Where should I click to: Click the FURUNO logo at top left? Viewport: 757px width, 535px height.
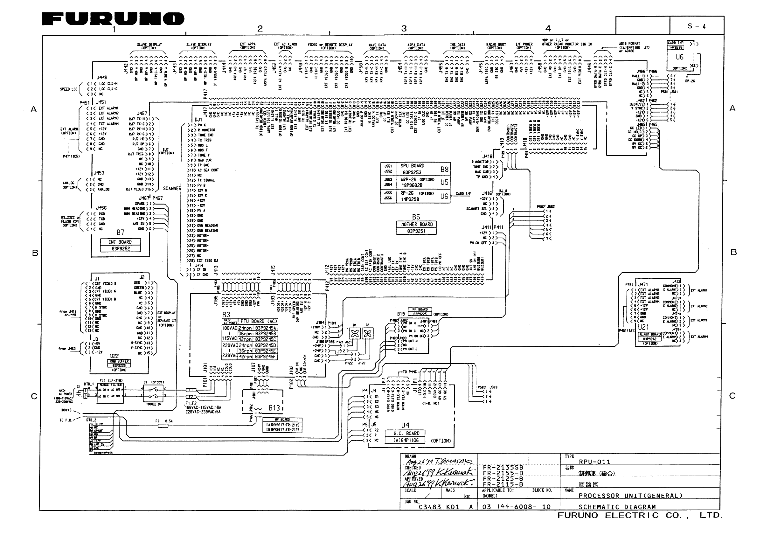pos(113,19)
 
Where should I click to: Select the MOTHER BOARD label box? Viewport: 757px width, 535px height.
pos(416,225)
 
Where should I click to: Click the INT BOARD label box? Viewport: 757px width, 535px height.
pos(120,242)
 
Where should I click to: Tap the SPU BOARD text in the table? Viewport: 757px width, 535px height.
pos(412,166)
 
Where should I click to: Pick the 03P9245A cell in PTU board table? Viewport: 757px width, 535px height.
pos(265,328)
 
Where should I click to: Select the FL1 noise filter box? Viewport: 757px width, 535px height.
pos(110,393)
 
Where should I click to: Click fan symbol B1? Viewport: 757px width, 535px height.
pos(355,334)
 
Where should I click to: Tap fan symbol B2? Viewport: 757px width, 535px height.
pos(367,334)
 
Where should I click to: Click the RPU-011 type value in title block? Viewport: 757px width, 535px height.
pos(594,462)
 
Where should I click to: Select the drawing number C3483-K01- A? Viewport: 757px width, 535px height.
pos(445,507)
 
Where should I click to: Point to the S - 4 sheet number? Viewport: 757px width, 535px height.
pos(696,26)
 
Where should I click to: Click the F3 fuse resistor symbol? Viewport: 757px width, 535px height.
pos(163,426)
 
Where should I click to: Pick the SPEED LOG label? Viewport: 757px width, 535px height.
pos(69,89)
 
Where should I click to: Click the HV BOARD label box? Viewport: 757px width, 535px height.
pos(282,420)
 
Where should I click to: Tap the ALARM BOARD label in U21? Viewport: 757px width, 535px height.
pos(650,334)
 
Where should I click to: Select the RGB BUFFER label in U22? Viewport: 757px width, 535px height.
pos(119,361)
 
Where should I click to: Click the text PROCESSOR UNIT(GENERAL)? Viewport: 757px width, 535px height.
pos(630,496)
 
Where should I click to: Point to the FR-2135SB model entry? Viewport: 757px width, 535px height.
pos(503,468)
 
